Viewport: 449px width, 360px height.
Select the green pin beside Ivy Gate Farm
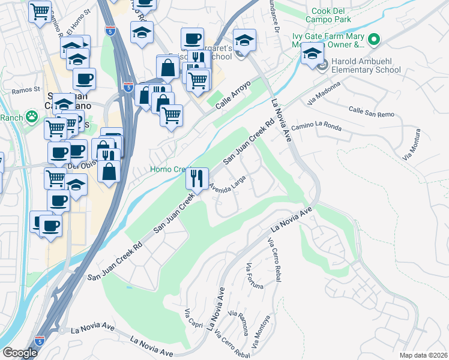coord(374,41)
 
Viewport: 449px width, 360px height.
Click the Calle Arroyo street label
coord(231,95)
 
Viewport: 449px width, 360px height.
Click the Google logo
coord(20,353)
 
